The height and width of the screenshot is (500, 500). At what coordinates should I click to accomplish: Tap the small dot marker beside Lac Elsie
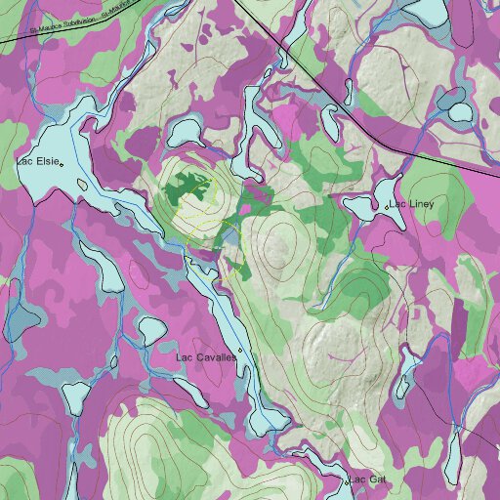point(62,165)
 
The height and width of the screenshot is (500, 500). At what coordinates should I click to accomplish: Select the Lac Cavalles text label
point(205,357)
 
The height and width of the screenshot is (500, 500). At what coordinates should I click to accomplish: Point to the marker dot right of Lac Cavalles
point(239,354)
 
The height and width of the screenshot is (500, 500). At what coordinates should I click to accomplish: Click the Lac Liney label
point(413,204)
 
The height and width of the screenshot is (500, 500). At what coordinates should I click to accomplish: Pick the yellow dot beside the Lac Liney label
point(390,206)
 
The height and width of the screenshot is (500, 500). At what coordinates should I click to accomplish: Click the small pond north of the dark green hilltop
point(187,131)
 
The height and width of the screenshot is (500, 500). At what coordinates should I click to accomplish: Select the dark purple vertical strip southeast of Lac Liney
point(459,322)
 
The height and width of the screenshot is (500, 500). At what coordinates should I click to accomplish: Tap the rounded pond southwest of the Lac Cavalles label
point(75,395)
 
